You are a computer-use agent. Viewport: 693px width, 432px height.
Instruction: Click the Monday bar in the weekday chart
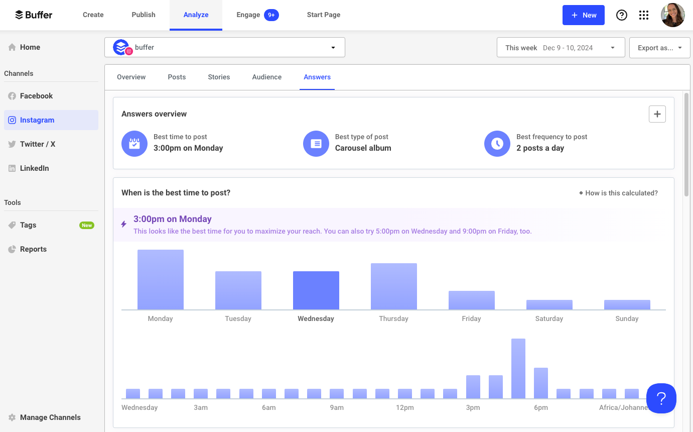click(161, 280)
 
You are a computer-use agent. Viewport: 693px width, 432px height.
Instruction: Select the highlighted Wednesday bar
click(316, 290)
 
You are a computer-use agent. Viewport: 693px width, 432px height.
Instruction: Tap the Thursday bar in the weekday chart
click(394, 286)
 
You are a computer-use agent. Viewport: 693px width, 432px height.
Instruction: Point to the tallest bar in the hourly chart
click(518, 368)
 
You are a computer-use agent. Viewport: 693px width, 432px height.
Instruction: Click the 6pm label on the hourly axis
click(541, 407)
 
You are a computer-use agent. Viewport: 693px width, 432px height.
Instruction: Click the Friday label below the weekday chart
click(471, 318)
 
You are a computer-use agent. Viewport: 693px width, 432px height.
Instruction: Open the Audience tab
click(266, 77)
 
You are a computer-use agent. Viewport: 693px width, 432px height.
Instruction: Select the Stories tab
click(219, 77)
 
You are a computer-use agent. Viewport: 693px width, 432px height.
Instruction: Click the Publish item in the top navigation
click(144, 15)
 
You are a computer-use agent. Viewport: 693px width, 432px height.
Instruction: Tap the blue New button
click(583, 15)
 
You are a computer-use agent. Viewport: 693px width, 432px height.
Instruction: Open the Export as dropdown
click(659, 48)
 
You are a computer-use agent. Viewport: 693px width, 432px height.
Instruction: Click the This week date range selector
click(561, 48)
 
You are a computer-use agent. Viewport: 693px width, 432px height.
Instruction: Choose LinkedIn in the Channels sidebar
click(34, 168)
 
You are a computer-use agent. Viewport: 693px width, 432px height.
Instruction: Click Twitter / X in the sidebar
click(38, 144)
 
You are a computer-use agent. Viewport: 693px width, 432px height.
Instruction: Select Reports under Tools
click(33, 249)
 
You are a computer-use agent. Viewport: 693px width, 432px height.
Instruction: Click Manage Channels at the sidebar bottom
click(50, 417)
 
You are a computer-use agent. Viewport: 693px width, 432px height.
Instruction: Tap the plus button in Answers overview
click(657, 114)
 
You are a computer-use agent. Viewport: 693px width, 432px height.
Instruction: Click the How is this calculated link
click(621, 193)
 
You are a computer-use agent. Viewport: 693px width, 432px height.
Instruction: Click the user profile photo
click(672, 15)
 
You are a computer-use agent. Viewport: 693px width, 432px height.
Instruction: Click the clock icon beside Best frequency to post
click(497, 144)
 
